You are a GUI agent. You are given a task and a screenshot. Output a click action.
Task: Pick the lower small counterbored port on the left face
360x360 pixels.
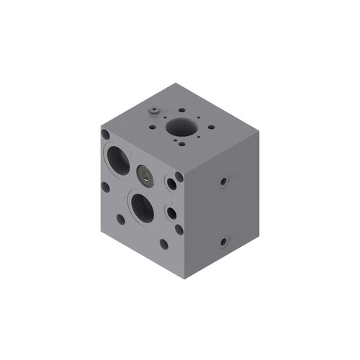[171, 213]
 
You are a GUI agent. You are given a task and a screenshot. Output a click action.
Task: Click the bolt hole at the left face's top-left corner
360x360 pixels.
[106, 134]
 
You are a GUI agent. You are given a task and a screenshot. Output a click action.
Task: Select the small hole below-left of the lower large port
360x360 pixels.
[120, 217]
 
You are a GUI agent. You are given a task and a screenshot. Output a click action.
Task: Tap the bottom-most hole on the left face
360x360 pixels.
[164, 244]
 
